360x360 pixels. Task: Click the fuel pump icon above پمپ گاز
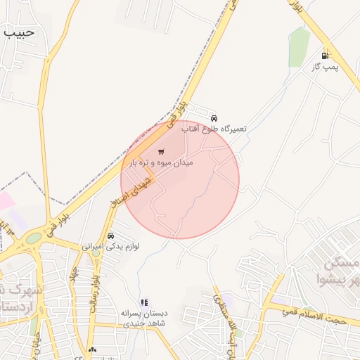point(324,56)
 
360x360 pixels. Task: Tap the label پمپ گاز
point(325,67)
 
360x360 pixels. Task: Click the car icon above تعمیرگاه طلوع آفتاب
point(214,117)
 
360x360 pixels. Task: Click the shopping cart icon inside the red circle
point(162,151)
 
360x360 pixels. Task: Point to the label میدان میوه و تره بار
point(162,163)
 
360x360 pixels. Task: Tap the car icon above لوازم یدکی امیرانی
point(111,236)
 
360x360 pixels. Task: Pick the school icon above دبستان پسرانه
point(144,302)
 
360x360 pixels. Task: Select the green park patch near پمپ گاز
point(299,46)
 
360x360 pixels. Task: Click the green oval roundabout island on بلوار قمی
point(33,238)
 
